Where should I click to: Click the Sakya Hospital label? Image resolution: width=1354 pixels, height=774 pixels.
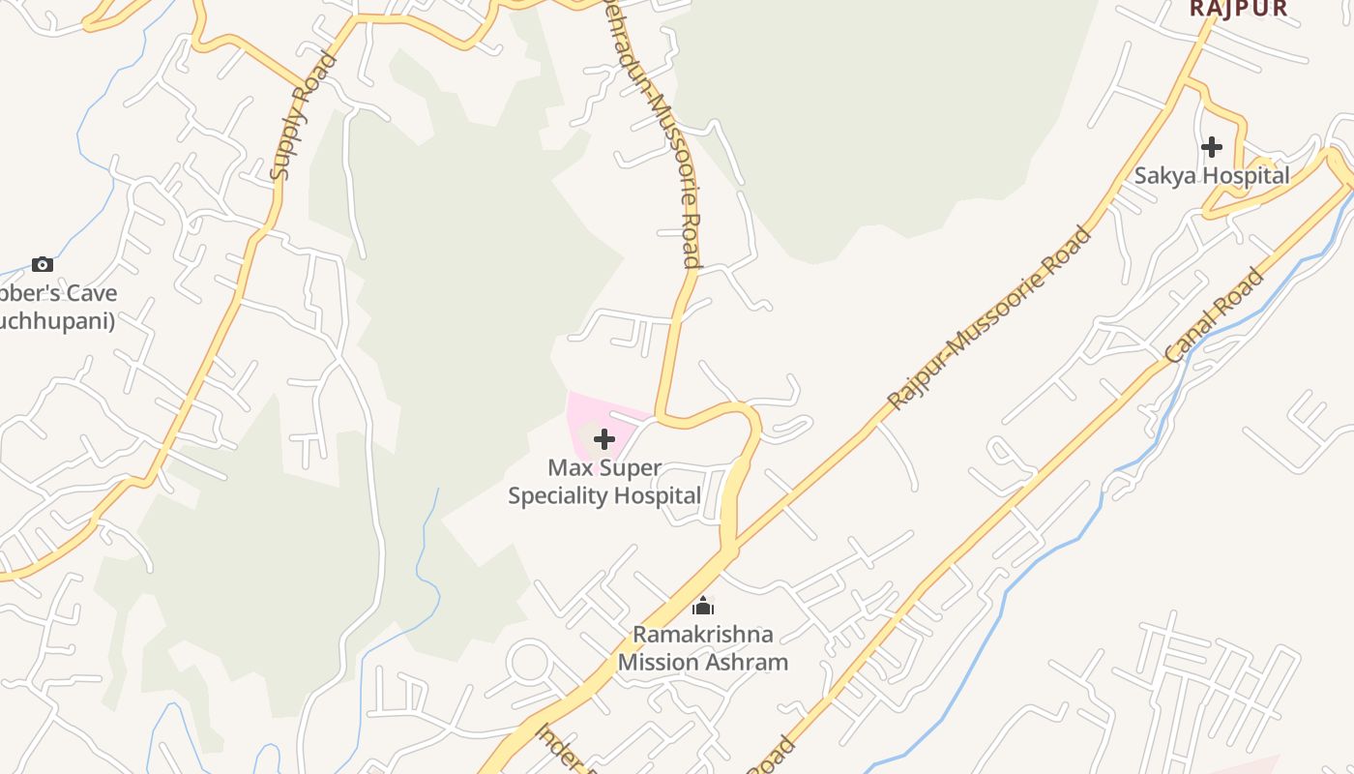[1212, 175]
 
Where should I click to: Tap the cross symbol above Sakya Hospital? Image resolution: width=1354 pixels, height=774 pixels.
[1212, 147]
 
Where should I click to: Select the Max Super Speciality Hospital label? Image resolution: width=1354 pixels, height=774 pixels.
[604, 482]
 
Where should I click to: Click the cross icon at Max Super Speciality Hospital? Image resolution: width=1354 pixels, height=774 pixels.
[604, 440]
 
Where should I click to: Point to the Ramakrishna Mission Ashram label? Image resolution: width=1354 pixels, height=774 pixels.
[703, 648]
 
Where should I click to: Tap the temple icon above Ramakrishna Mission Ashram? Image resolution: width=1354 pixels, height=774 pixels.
[703, 607]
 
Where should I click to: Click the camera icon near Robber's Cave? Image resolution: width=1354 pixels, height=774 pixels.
[43, 264]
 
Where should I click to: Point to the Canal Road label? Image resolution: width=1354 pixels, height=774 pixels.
[1215, 316]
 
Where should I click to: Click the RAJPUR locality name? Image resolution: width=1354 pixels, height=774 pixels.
[1238, 9]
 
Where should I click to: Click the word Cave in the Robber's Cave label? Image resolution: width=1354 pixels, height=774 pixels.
[94, 293]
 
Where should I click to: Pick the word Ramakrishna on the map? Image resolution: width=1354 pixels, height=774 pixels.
[703, 635]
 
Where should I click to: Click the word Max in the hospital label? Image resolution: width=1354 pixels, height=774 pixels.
[567, 468]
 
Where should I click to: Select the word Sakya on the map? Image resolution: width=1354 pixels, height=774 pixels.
[1163, 175]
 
